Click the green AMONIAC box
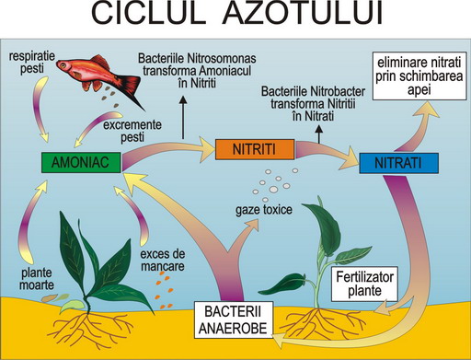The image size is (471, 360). tap(81, 162)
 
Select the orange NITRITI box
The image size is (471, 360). tap(255, 149)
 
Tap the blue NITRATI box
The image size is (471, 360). tap(398, 163)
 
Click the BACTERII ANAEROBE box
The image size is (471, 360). tap(234, 319)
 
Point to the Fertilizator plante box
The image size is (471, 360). tap(364, 284)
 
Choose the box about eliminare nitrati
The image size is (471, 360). tap(419, 76)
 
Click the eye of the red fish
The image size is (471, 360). tap(63, 64)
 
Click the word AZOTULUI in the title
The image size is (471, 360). tap(303, 14)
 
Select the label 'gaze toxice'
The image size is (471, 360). tap(264, 210)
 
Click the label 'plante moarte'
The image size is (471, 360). tap(37, 279)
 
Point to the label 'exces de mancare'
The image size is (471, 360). tap(163, 260)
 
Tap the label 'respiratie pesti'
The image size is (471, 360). tap(32, 63)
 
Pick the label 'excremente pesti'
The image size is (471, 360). tap(132, 131)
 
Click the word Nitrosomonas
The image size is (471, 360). tap(221, 58)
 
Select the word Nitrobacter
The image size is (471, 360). tap(338, 91)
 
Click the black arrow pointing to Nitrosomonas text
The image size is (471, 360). tap(183, 118)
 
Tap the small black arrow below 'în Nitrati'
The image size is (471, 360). tap(319, 134)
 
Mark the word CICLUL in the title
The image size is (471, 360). tap(148, 14)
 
